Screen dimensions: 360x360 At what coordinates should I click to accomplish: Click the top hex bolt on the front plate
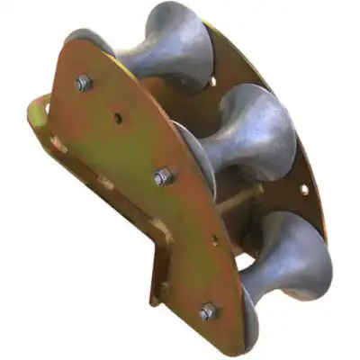83,84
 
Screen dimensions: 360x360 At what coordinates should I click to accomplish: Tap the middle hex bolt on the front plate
162,177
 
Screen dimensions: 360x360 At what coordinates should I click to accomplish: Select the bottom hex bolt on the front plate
208,311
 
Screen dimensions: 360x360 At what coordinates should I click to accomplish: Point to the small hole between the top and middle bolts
118,118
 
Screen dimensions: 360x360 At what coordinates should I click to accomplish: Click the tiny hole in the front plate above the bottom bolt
214,241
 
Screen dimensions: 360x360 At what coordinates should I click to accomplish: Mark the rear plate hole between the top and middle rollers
213,84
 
